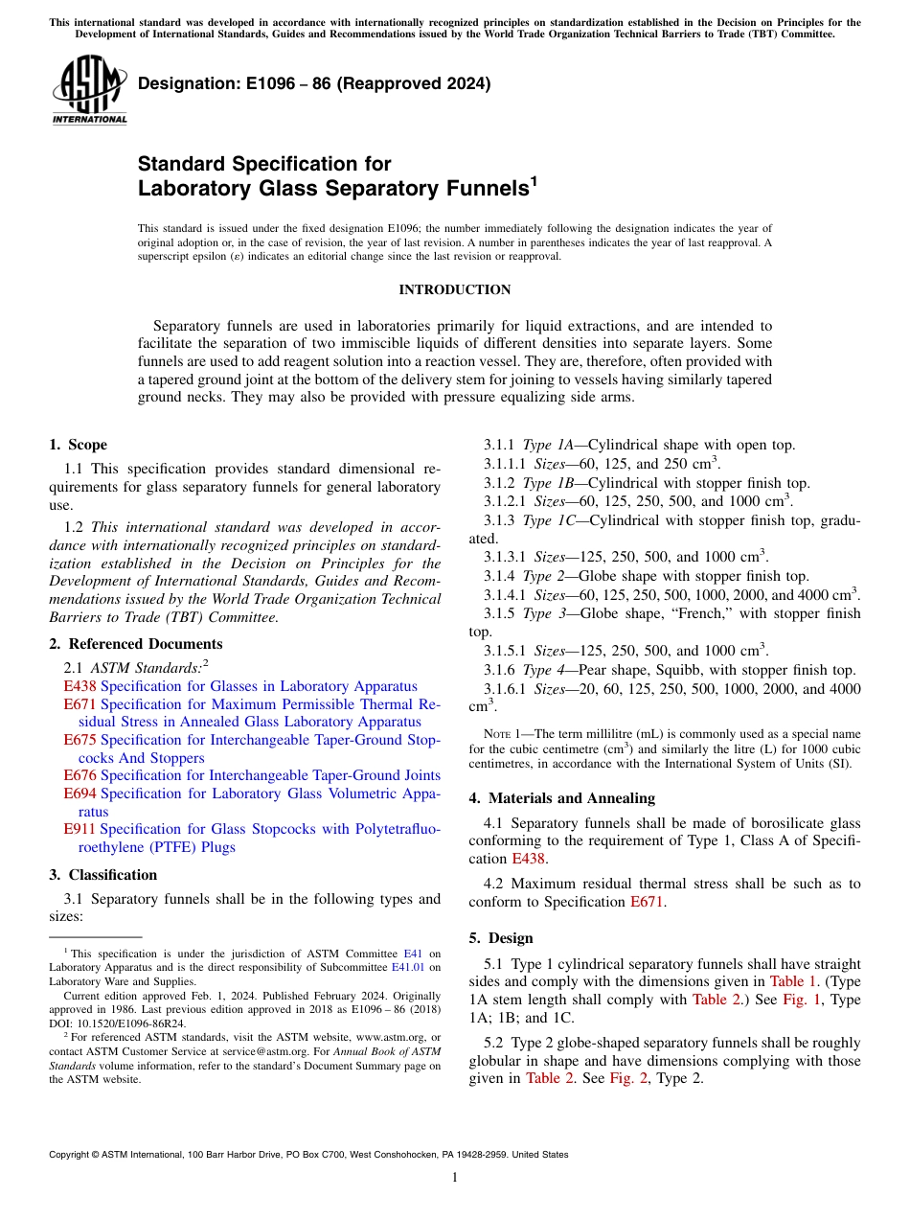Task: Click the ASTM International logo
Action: click(89, 91)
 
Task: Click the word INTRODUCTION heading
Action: click(454, 289)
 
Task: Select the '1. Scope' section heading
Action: click(79, 445)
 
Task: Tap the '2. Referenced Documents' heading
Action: click(136, 644)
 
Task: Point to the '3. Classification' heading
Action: click(103, 875)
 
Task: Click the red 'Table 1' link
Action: click(794, 981)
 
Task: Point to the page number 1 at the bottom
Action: click(454, 1178)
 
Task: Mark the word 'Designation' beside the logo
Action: click(188, 83)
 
